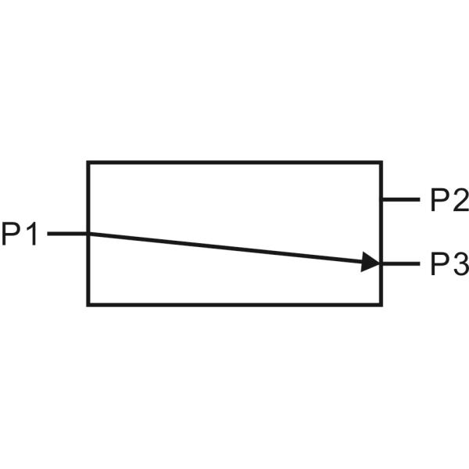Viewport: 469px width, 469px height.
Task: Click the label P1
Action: click(20, 233)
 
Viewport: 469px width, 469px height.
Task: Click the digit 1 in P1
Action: click(31, 233)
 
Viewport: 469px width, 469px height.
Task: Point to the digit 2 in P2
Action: click(459, 201)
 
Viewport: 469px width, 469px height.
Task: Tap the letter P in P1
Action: click(12, 233)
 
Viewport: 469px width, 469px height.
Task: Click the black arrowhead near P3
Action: click(371, 263)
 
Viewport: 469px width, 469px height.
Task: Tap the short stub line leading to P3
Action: click(400, 264)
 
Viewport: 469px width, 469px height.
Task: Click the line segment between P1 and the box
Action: click(67, 233)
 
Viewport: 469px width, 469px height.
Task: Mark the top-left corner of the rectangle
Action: click(88, 163)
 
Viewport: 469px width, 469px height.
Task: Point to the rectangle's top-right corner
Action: click(381, 163)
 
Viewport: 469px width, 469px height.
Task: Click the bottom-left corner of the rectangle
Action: click(88, 303)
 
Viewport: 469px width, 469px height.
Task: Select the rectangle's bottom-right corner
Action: click(381, 303)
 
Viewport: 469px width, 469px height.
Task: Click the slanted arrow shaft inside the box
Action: click(227, 248)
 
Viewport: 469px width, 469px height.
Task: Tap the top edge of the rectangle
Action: click(234, 163)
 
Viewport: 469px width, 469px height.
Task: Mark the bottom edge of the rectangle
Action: click(234, 303)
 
